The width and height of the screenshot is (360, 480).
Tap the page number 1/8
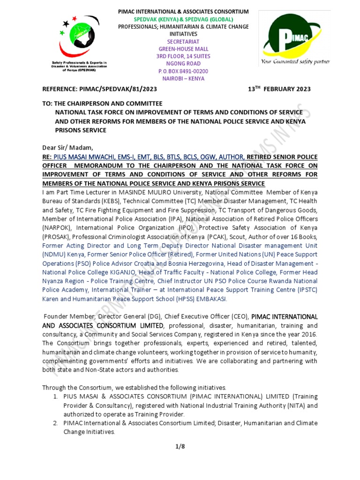point(180,446)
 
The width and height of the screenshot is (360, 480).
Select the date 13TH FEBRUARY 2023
point(279,89)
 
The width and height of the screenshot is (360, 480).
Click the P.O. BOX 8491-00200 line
point(183,71)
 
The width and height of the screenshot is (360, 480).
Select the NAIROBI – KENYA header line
point(183,79)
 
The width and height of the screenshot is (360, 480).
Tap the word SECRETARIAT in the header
point(183,41)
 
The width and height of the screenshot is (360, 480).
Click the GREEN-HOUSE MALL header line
point(183,49)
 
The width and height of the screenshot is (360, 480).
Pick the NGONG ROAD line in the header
point(183,64)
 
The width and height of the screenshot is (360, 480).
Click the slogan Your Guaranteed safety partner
point(295,62)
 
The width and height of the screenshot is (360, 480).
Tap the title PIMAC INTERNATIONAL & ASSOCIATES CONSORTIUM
point(183,11)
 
